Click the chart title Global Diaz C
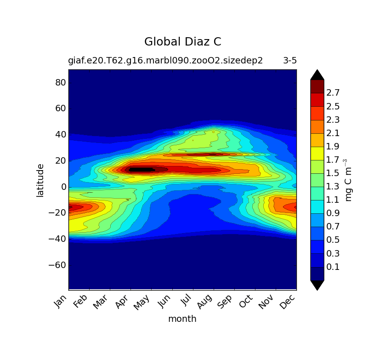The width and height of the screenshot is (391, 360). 182,42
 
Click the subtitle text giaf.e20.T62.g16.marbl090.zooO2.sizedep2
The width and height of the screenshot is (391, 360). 165,61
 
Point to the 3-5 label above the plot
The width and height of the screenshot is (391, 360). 289,61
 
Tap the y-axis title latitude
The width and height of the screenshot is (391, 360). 40,180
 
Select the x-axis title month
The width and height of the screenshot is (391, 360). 182,319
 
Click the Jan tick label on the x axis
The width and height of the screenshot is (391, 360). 61,302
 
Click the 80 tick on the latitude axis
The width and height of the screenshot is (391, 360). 61,83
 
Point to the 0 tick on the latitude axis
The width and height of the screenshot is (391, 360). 63,187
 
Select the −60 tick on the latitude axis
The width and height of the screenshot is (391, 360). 58,265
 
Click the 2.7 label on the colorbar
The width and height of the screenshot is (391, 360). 333,93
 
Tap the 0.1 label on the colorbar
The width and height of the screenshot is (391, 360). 333,267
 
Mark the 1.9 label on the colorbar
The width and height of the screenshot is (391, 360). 333,147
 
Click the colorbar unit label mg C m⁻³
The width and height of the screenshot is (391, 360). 349,180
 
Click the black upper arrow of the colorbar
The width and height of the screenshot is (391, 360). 317,75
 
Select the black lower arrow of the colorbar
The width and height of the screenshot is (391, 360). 317,285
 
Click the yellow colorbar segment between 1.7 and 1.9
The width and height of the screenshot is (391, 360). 317,153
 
